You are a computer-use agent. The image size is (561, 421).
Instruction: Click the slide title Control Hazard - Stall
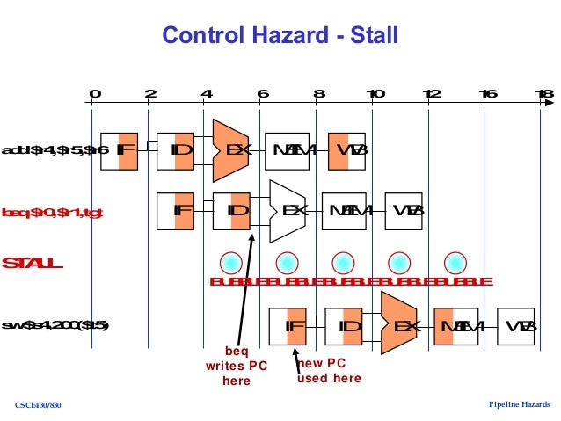pyautogui.click(x=280, y=36)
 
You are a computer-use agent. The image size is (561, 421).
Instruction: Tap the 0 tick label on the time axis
pyautogui.click(x=94, y=94)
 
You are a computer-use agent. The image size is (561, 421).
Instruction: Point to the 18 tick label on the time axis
pyautogui.click(x=543, y=94)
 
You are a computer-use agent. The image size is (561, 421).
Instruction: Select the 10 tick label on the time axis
pyautogui.click(x=375, y=94)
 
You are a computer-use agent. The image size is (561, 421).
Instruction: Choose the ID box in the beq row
pyautogui.click(x=232, y=211)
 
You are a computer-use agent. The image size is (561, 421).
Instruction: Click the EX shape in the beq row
pyautogui.click(x=287, y=211)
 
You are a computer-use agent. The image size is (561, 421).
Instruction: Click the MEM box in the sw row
pyautogui.click(x=455, y=326)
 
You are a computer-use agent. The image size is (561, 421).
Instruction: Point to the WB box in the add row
pyautogui.click(x=347, y=150)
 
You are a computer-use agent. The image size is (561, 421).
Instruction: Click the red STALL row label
pyautogui.click(x=33, y=263)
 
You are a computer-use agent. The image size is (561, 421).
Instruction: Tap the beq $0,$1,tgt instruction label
pyautogui.click(x=53, y=212)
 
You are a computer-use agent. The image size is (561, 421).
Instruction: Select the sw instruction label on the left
pyautogui.click(x=55, y=326)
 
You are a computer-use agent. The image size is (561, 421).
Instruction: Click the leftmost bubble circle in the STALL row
pyautogui.click(x=229, y=262)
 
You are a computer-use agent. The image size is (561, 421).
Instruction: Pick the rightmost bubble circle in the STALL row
pyautogui.click(x=455, y=262)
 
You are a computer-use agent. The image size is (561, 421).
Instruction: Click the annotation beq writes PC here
pyautogui.click(x=231, y=366)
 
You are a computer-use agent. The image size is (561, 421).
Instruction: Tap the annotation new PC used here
pyautogui.click(x=329, y=371)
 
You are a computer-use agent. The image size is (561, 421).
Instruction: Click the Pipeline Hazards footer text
pyautogui.click(x=519, y=403)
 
